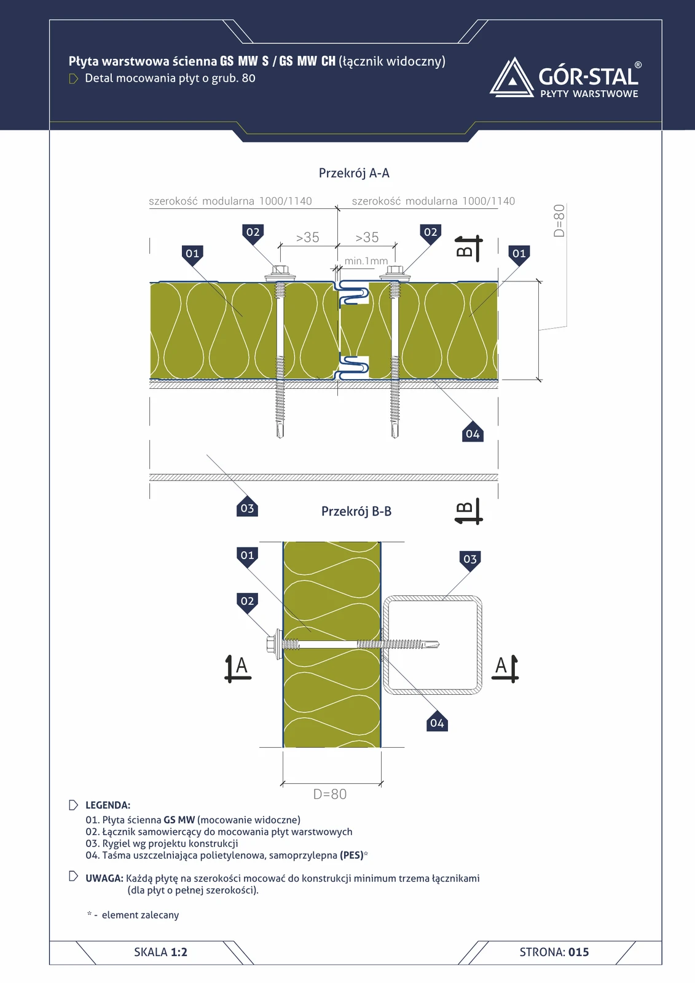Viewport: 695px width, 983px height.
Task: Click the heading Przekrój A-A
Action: tap(354, 173)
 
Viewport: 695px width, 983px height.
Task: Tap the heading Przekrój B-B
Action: tap(356, 511)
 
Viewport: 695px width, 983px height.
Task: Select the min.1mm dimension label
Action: tap(366, 261)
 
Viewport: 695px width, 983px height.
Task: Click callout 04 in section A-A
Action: tap(473, 434)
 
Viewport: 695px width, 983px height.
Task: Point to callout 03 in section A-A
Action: tap(247, 507)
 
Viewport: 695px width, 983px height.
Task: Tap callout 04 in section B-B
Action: tap(437, 723)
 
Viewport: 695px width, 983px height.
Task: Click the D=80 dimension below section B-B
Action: tap(330, 794)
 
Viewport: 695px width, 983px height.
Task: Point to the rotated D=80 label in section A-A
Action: tap(559, 221)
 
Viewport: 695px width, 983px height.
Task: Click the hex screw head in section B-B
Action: tap(271, 644)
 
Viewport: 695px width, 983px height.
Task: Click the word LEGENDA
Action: tap(108, 805)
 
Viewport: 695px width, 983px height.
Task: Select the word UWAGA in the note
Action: tap(104, 878)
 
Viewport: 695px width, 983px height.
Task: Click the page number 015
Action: tap(579, 952)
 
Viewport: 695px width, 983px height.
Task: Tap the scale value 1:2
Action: tap(179, 952)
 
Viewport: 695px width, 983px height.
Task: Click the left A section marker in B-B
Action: tap(238, 668)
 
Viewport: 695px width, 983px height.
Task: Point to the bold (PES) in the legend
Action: tap(352, 855)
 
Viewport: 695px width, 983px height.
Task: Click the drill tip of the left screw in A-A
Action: tap(280, 436)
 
